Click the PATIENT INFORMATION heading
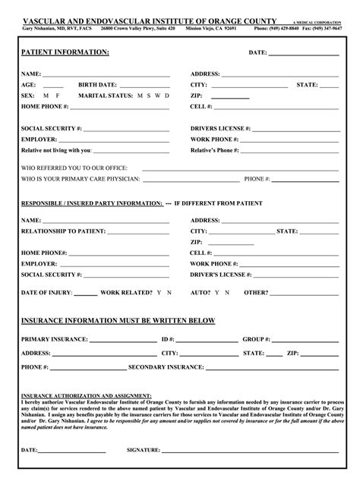pyautogui.click(x=65, y=52)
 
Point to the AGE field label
pyautogui.click(x=29, y=85)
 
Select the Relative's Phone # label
pyautogui.click(x=215, y=150)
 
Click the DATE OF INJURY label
pyautogui.click(x=46, y=292)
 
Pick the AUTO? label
pyautogui.click(x=200, y=292)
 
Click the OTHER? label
pyautogui.click(x=256, y=292)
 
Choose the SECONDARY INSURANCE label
pyautogui.click(x=158, y=366)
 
